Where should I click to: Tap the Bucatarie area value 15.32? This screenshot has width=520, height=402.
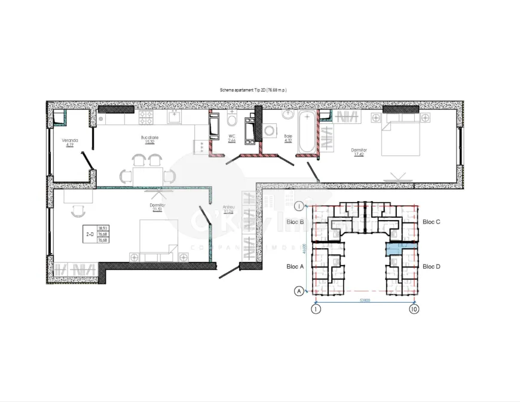click(148, 142)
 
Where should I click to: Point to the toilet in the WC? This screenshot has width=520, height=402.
click(232, 121)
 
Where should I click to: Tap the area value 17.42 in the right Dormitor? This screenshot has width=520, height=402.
click(359, 154)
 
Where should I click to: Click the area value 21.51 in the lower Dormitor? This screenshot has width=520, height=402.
click(158, 209)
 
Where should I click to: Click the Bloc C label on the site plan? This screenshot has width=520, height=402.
click(431, 222)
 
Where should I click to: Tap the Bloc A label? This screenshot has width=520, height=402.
click(296, 266)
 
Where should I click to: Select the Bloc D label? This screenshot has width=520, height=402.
click(431, 266)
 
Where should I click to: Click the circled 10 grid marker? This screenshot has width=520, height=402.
click(413, 309)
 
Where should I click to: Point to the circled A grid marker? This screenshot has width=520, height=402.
click(298, 291)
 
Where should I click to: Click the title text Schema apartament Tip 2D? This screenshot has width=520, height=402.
click(253, 90)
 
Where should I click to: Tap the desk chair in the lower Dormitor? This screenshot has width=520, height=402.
click(77, 210)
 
